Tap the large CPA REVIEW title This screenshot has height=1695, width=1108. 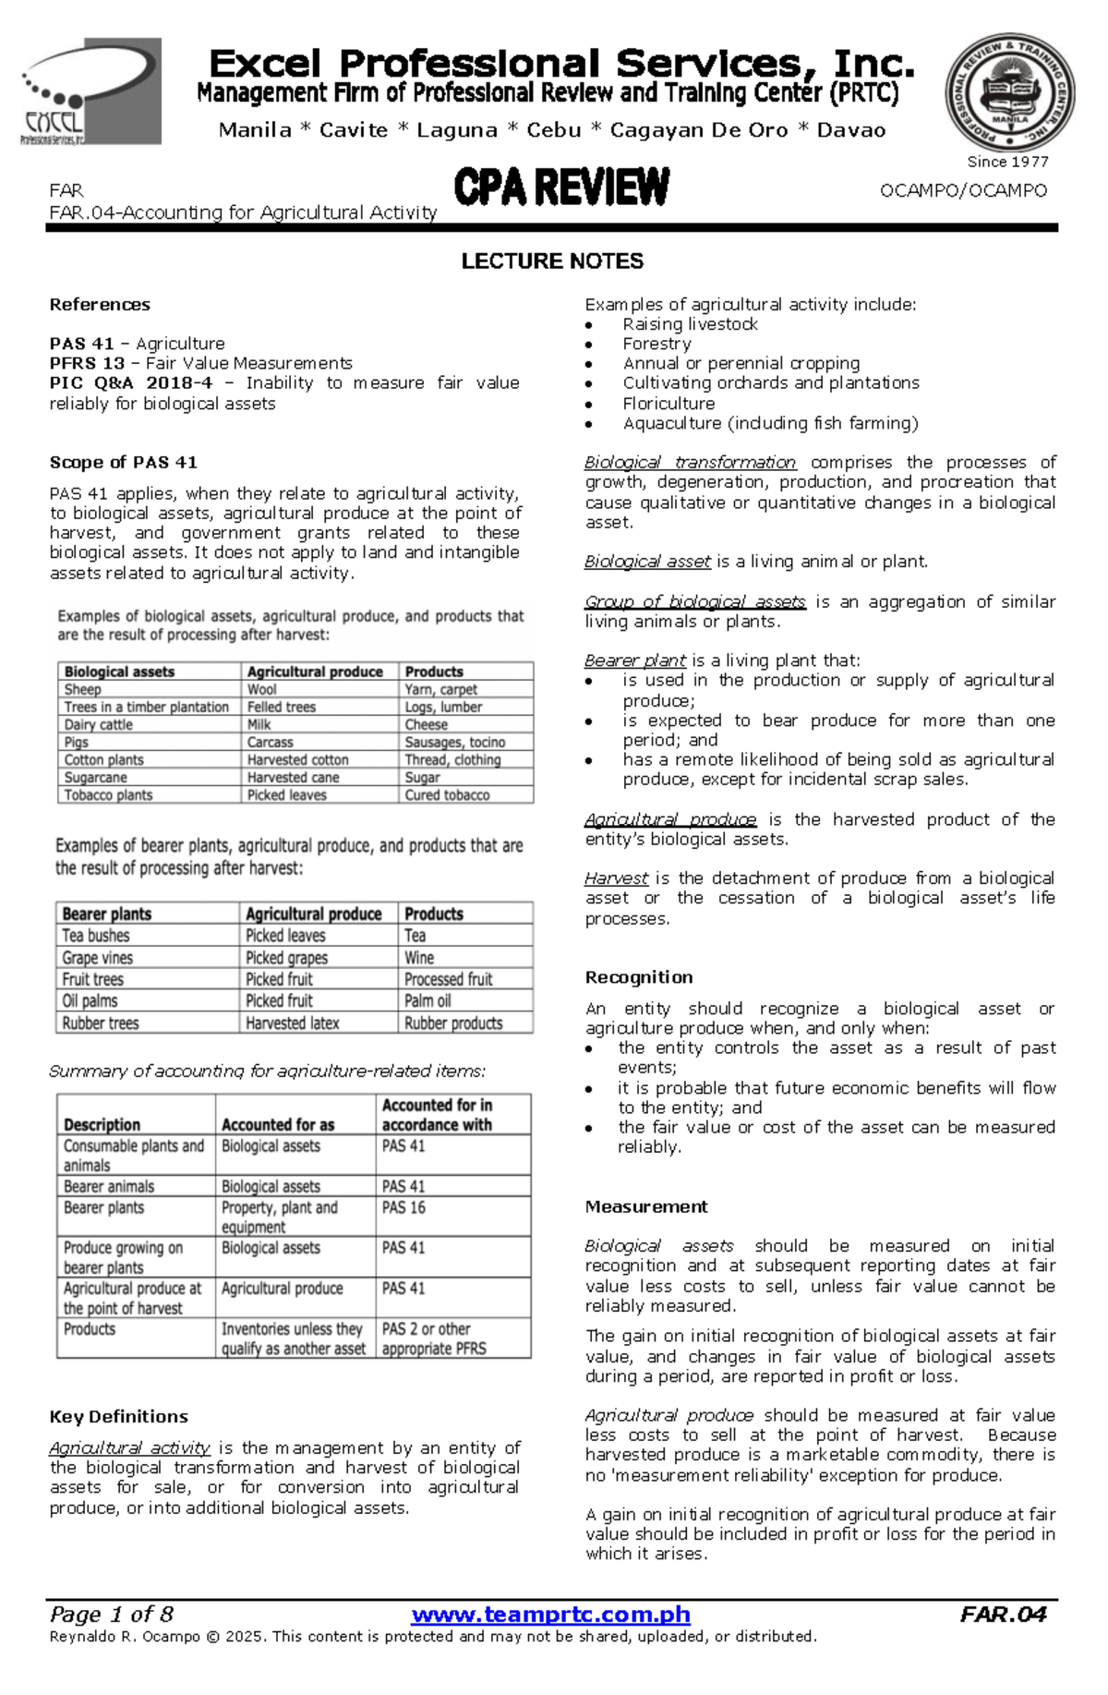[x=561, y=188]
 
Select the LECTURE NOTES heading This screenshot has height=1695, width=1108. [x=552, y=261]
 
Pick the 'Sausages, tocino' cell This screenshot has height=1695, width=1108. [x=454, y=743]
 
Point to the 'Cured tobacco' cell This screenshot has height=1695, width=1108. [x=447, y=795]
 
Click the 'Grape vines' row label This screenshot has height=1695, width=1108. [x=98, y=958]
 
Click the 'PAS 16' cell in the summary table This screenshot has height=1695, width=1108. [x=403, y=1208]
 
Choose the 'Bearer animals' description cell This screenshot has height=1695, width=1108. [x=109, y=1187]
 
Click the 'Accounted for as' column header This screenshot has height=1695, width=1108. [x=278, y=1125]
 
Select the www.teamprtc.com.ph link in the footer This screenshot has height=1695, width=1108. [x=551, y=1616]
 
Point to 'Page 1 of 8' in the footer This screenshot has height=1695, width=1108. [x=112, y=1616]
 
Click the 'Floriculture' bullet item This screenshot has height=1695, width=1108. [x=668, y=404]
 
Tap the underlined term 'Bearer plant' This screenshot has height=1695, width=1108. [x=635, y=660]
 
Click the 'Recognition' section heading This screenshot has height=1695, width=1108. [x=639, y=977]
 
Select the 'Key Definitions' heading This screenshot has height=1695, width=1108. [x=118, y=1417]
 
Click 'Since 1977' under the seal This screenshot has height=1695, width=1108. [x=1007, y=162]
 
